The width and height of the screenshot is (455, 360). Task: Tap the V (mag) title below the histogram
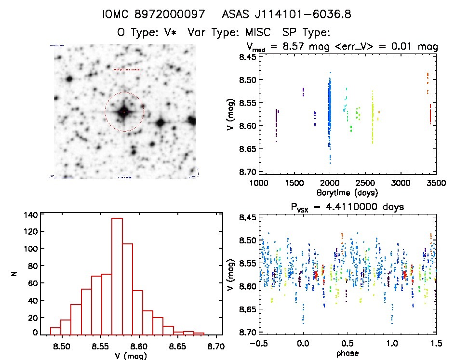(128, 355)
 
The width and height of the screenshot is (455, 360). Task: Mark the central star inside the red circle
(124, 112)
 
